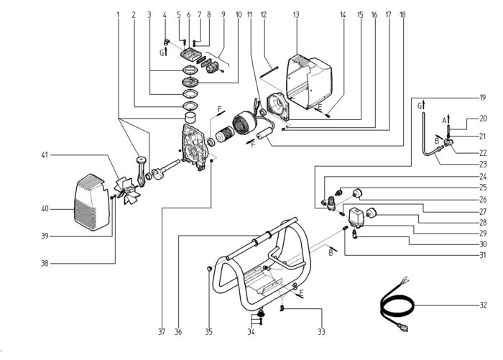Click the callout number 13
296,15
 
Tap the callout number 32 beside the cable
483,305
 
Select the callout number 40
45,209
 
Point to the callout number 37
162,332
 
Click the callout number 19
483,98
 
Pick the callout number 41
45,155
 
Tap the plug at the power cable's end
403,327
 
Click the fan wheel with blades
128,191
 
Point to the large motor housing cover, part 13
309,82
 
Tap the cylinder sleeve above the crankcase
192,118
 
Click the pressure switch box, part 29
356,216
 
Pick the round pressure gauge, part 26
357,193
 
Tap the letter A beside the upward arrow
444,120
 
